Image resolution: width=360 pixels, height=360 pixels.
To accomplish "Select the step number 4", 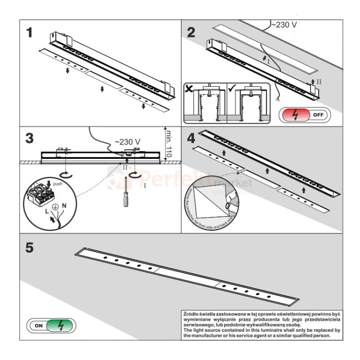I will coord(191,139).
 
